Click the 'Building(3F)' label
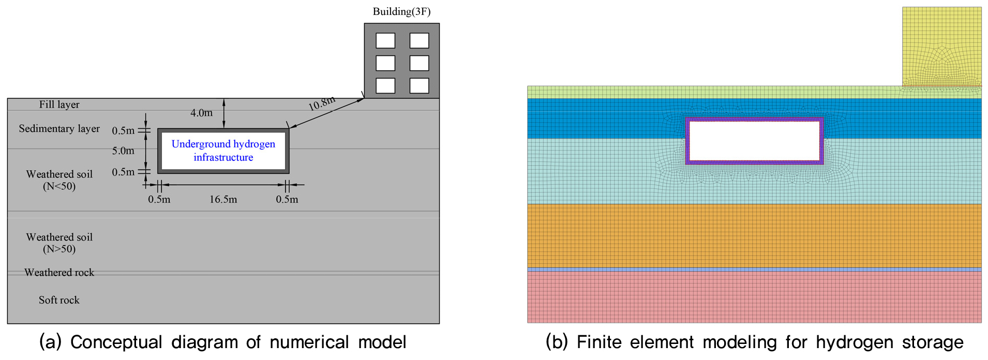[401, 11]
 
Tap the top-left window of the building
[385, 40]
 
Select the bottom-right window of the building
[419, 85]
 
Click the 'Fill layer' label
[59, 104]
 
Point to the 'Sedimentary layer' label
[59, 129]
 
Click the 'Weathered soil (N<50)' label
[59, 180]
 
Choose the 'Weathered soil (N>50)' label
[59, 243]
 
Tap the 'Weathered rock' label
[59, 273]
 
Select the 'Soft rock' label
[59, 300]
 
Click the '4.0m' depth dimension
[201, 113]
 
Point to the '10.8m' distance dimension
[322, 103]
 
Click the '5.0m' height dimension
[123, 151]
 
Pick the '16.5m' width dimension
[223, 200]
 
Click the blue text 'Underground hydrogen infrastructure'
[223, 151]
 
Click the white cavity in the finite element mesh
[754, 141]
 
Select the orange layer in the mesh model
[754, 235]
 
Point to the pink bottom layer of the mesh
[754, 297]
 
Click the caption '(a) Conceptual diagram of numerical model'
[223, 342]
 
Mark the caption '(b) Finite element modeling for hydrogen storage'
[754, 342]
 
